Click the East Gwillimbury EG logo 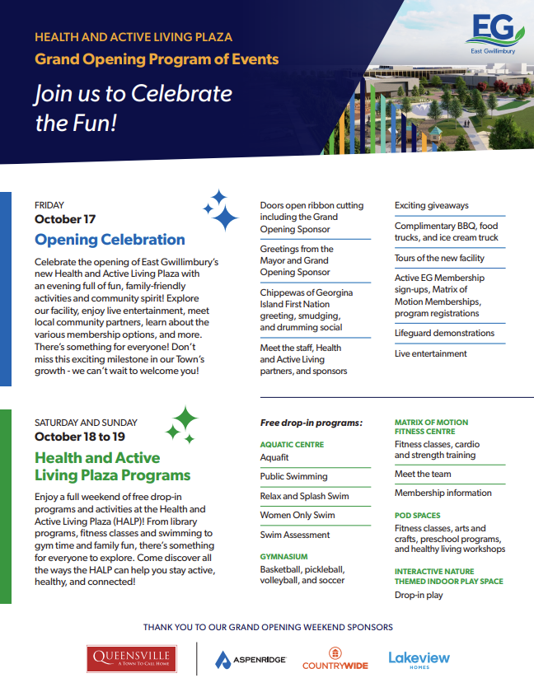(494, 34)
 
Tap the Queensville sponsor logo (132, 659)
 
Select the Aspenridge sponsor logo (251, 660)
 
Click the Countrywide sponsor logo (335, 658)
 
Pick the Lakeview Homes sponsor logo (419, 660)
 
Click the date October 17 (65, 219)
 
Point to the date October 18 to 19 (80, 437)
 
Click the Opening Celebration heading (110, 240)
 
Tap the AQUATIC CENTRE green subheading (292, 444)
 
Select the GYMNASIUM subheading (283, 557)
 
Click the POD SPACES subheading (418, 516)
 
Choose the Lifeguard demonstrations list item (444, 333)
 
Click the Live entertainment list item (430, 353)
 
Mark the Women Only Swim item (297, 515)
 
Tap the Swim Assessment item (295, 535)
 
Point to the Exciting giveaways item (432, 206)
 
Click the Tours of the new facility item (439, 258)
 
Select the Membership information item (443, 493)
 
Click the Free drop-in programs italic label (311, 423)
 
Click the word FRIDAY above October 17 (49, 205)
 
